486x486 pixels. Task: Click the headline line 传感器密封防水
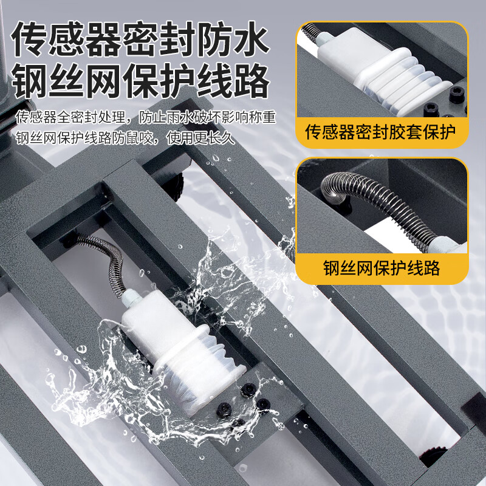pyautogui.click(x=140, y=39)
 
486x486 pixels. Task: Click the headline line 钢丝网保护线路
pyautogui.click(x=140, y=81)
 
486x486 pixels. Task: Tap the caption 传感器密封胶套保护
pyautogui.click(x=381, y=132)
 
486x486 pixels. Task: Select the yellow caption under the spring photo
pyautogui.click(x=382, y=268)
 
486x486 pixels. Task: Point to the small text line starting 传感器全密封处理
pyautogui.click(x=146, y=117)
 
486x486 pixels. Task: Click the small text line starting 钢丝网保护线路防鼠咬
pyautogui.click(x=125, y=138)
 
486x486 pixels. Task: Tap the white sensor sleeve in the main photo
pyautogui.click(x=183, y=351)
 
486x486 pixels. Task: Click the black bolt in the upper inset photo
pyautogui.click(x=456, y=94)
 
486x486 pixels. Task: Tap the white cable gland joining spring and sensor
pyautogui.click(x=131, y=297)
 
